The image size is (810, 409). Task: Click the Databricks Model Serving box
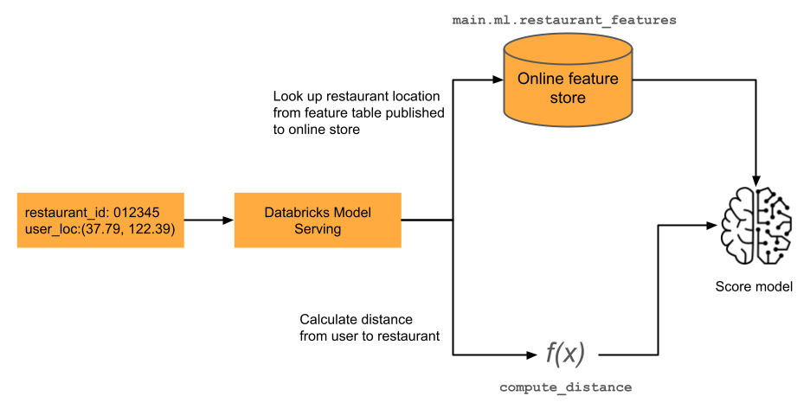(317, 220)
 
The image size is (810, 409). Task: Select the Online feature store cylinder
(568, 83)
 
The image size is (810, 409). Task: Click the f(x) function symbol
(565, 353)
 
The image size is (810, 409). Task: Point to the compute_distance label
(565, 387)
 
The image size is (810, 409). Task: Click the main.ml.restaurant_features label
(564, 19)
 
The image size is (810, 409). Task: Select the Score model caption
(754, 287)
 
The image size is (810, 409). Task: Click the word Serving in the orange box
(317, 229)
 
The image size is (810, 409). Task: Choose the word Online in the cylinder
(538, 80)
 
